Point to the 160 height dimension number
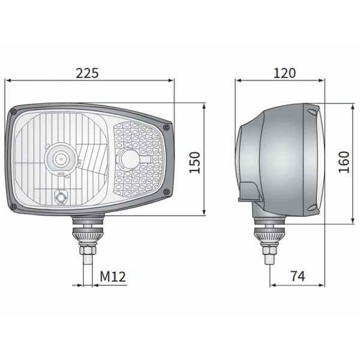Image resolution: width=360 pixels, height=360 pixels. (x=343, y=162)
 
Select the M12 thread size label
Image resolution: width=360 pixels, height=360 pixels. (x=112, y=277)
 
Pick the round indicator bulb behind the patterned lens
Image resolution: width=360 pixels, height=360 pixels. (x=128, y=160)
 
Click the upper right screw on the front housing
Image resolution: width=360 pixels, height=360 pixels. (x=166, y=127)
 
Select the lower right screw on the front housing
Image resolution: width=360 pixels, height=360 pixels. (x=166, y=191)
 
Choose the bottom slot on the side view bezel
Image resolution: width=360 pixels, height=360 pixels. (x=311, y=207)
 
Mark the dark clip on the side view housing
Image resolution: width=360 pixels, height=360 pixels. (x=250, y=190)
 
